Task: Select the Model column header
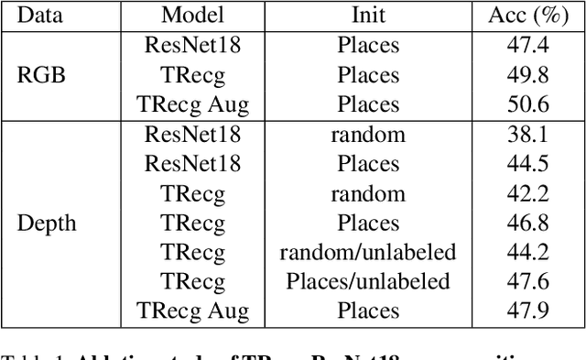pyautogui.click(x=192, y=15)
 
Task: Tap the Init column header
pyautogui.click(x=368, y=15)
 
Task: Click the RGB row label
pyautogui.click(x=42, y=74)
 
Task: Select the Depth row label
pyautogui.click(x=46, y=223)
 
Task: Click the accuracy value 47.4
pyautogui.click(x=527, y=45)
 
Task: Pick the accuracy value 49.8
pyautogui.click(x=527, y=74)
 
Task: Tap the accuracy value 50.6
pyautogui.click(x=527, y=104)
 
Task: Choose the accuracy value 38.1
pyautogui.click(x=527, y=135)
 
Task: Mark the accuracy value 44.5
pyautogui.click(x=527, y=164)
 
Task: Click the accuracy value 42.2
pyautogui.click(x=527, y=193)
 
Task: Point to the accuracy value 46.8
pyautogui.click(x=527, y=223)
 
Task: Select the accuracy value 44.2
pyautogui.click(x=527, y=252)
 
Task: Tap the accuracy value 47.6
pyautogui.click(x=527, y=281)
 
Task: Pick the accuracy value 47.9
pyautogui.click(x=527, y=311)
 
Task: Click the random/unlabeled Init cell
pyautogui.click(x=368, y=252)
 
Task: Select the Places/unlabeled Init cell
pyautogui.click(x=368, y=281)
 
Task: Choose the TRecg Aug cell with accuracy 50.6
pyautogui.click(x=192, y=104)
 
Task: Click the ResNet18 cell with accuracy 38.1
pyautogui.click(x=192, y=135)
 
